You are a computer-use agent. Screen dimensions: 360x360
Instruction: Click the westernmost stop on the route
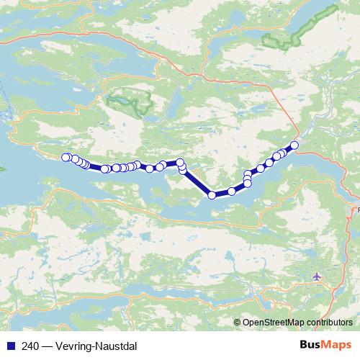66,157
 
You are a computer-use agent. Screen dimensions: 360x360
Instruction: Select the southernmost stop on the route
212,194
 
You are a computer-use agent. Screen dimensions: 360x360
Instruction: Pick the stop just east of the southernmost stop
232,191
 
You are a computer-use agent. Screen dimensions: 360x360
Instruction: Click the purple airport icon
318,276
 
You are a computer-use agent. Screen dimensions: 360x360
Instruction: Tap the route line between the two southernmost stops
222,193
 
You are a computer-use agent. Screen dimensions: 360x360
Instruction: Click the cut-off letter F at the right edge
357,211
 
